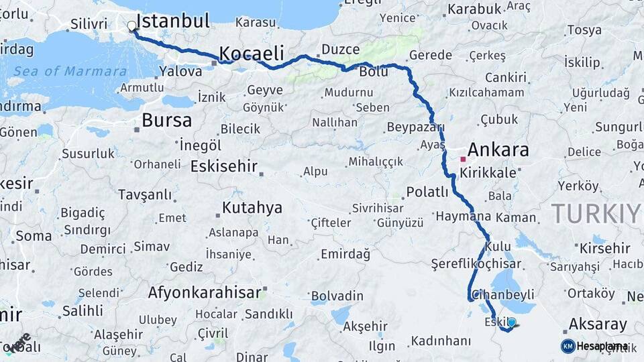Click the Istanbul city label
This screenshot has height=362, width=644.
[x=173, y=20]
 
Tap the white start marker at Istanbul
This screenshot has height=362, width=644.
[x=131, y=26]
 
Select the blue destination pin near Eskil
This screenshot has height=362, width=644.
[x=512, y=323]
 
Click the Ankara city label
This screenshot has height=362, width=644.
[x=498, y=149]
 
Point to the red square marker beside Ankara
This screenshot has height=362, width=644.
[x=463, y=160]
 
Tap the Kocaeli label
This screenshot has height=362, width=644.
[x=252, y=53]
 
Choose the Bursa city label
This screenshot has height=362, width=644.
[x=166, y=121]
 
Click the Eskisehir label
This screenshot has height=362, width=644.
[x=225, y=166]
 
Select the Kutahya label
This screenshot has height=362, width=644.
[x=252, y=207]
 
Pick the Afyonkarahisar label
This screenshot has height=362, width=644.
[x=204, y=293]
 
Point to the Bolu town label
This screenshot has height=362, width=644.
[x=374, y=72]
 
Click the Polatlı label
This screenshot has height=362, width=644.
[x=427, y=192]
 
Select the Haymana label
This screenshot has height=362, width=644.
[x=464, y=217]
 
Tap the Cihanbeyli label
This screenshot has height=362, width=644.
[x=503, y=294]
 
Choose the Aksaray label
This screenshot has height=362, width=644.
[x=598, y=324]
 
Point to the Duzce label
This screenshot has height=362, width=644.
[x=340, y=49]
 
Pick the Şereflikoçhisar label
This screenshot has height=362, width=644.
[x=476, y=263]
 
